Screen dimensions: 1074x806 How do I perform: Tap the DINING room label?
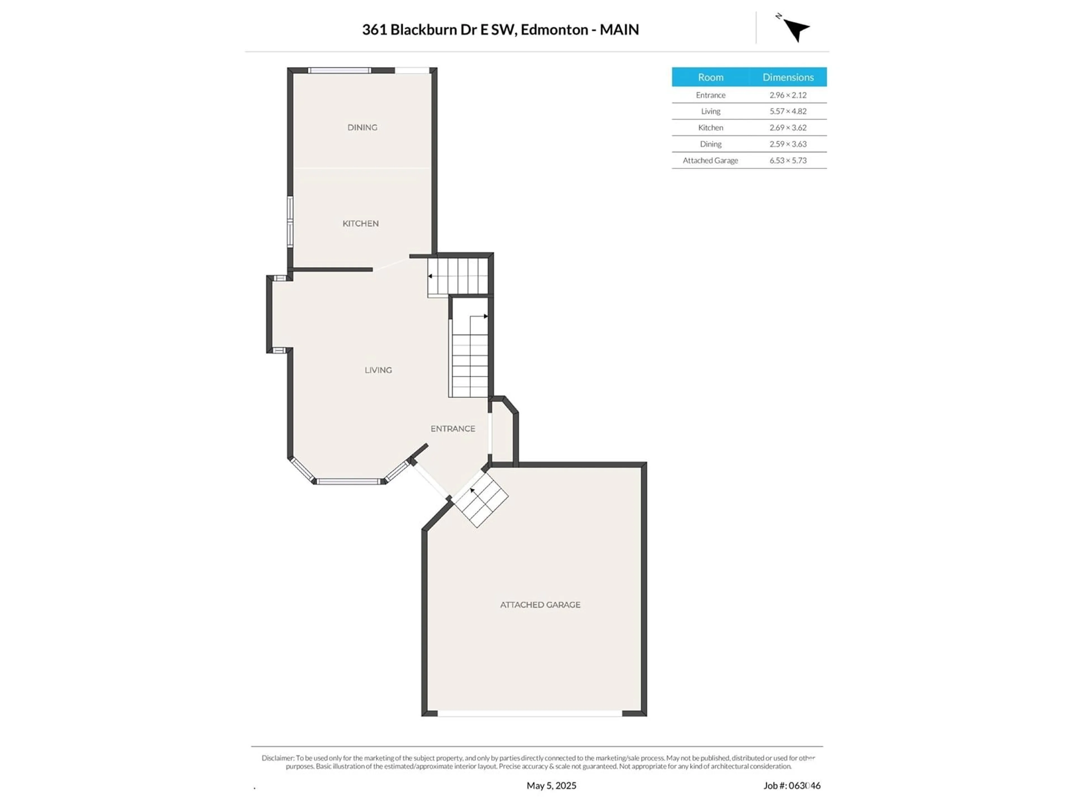[x=362, y=127]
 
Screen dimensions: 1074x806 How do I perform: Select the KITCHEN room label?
[x=360, y=224]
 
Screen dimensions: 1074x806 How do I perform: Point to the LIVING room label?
[x=378, y=370]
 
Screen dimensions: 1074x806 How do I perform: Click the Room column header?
[x=710, y=77]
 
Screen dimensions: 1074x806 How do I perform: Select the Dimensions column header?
[x=788, y=77]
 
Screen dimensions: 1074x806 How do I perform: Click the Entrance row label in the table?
[x=710, y=95]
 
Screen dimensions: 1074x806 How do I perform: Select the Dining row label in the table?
[x=710, y=144]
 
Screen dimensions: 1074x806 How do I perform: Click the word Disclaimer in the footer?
[x=278, y=758]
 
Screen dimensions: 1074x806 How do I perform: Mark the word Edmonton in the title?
[x=554, y=30]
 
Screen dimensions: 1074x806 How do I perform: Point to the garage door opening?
[x=530, y=714]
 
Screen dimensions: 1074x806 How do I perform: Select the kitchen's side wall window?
[x=290, y=222]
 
